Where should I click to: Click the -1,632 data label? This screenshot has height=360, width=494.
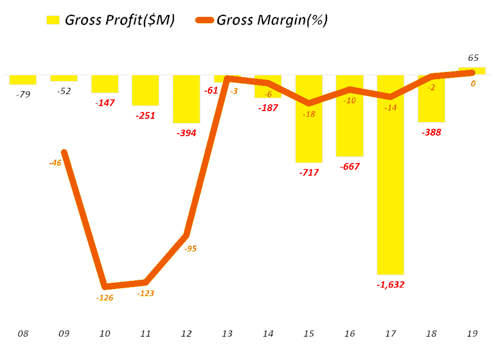point(390,284)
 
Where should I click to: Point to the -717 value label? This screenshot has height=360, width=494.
point(309,172)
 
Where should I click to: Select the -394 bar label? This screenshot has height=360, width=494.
point(186,133)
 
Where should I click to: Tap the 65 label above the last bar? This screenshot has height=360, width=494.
point(473,58)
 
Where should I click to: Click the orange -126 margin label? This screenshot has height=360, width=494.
point(105,298)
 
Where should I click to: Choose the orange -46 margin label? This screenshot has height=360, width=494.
point(55,163)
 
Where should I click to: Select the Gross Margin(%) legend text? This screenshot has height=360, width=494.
point(273,20)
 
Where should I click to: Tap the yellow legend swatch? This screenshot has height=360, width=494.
point(53,20)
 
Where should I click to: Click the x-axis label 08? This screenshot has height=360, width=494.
point(23,333)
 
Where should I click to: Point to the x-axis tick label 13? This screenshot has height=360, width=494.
point(227,333)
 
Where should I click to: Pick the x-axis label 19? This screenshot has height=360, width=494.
point(472,333)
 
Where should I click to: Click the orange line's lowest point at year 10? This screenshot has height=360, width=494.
point(106,286)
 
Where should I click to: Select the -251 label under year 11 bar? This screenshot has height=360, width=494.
point(145,115)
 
